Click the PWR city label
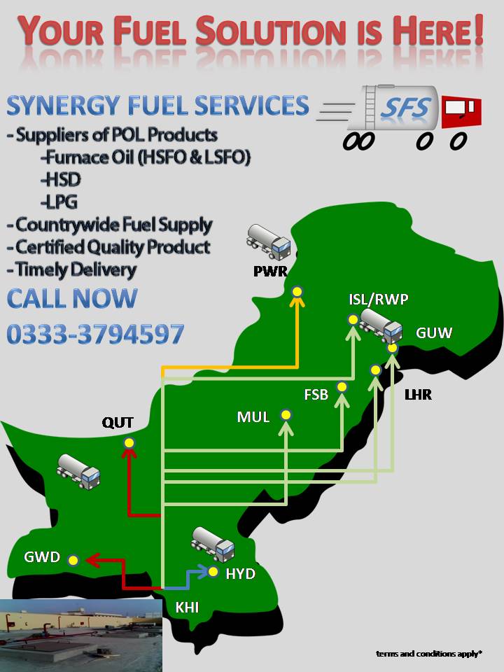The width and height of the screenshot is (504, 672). tap(270, 270)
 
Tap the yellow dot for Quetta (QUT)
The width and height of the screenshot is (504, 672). tap(129, 442)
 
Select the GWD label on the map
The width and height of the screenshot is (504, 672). tap(42, 558)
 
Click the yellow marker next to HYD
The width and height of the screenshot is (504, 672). tap(213, 572)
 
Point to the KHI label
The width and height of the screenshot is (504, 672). tap(187, 608)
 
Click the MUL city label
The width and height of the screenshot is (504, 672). tap(253, 418)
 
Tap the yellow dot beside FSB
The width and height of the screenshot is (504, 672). tap(342, 386)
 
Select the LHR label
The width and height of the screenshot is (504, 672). tap(418, 395)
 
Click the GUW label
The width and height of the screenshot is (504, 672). tap(434, 332)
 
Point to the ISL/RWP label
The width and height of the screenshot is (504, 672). tap(379, 300)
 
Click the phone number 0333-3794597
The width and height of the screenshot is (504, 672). tap(96, 334)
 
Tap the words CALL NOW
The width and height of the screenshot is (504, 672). tap(72, 299)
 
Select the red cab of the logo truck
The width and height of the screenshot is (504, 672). tap(462, 110)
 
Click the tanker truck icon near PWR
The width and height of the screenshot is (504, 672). tap(269, 241)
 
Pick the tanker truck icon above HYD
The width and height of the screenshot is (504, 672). tap(213, 544)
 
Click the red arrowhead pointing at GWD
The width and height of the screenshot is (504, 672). tap(92, 559)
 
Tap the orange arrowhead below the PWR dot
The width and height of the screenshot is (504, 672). tap(297, 301)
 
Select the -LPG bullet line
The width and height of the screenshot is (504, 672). tap(59, 202)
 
